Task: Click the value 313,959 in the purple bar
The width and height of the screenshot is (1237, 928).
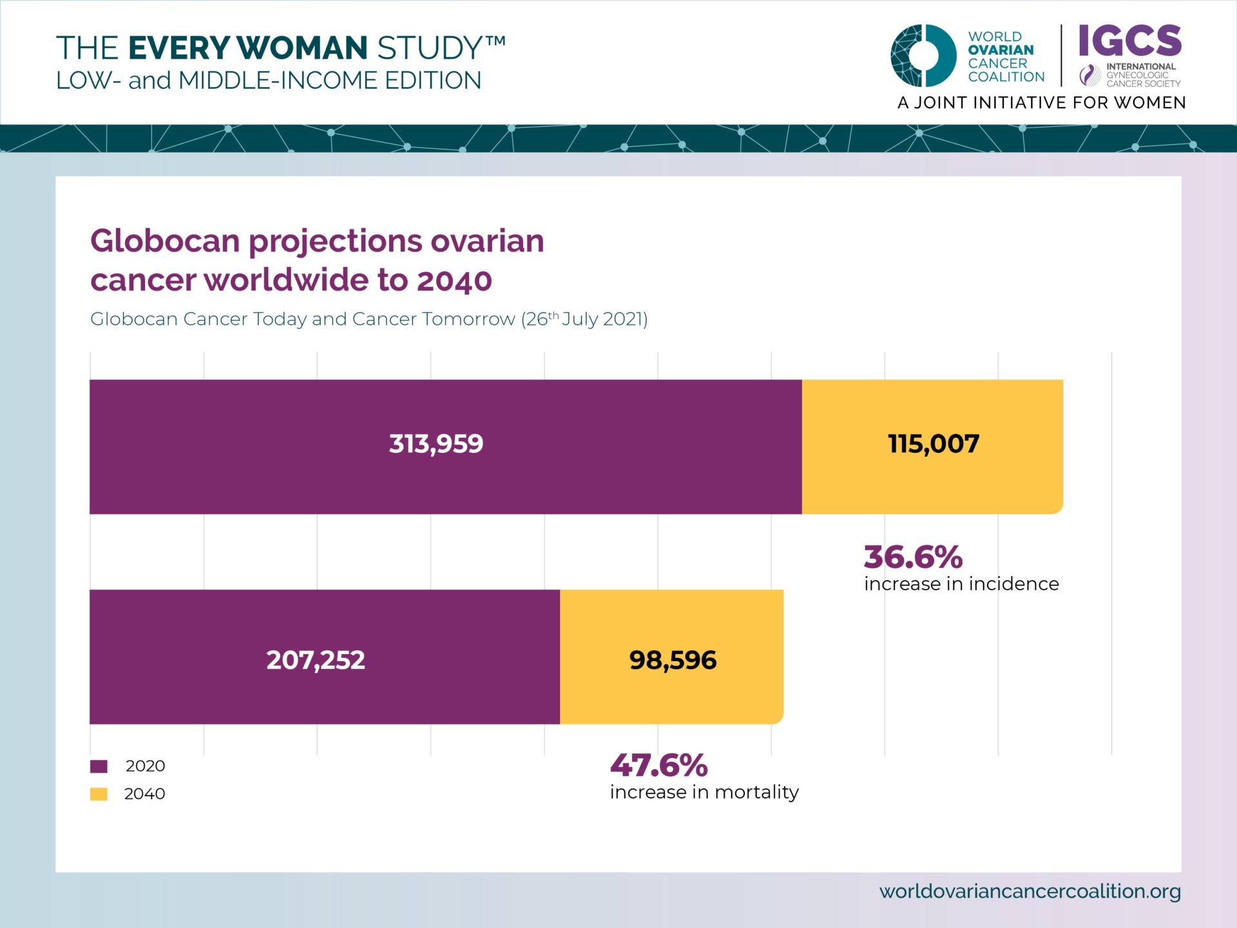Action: tap(436, 443)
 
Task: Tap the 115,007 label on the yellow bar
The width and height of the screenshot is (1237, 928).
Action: tap(933, 443)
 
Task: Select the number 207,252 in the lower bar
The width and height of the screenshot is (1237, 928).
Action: tap(315, 660)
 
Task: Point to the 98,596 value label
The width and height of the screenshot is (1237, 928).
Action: tap(672, 660)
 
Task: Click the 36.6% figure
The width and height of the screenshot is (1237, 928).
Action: tap(912, 557)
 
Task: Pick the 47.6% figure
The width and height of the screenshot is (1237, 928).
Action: tap(658, 766)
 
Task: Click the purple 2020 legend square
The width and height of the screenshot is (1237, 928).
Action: tap(99, 766)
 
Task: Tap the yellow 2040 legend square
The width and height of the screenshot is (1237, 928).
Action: tap(99, 794)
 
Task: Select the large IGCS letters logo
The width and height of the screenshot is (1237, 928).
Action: tap(1129, 41)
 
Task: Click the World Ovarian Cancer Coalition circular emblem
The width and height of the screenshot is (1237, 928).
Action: tap(923, 55)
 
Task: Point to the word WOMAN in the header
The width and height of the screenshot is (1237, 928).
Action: tap(302, 48)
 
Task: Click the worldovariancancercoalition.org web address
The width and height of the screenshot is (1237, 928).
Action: tap(1030, 891)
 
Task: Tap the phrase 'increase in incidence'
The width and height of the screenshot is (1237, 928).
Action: tap(961, 584)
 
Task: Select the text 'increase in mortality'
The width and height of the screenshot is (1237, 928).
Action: tap(704, 792)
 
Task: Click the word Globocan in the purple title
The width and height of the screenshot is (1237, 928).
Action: tap(165, 241)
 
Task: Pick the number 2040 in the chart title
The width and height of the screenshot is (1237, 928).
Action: tap(454, 281)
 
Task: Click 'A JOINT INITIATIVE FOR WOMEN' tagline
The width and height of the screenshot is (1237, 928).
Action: tap(1041, 103)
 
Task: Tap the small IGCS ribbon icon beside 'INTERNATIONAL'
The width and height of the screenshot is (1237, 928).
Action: tap(1089, 75)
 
